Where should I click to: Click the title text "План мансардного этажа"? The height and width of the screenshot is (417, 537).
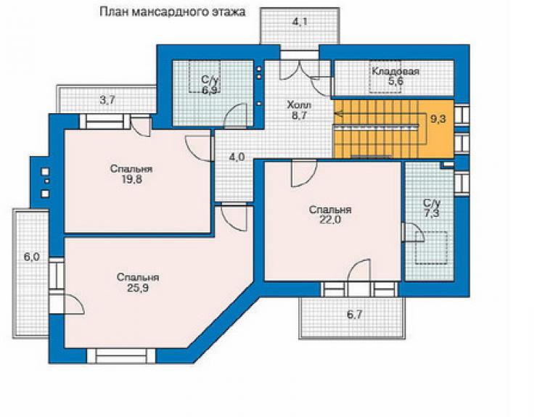(172, 12)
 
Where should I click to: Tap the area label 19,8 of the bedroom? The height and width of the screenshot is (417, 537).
(131, 179)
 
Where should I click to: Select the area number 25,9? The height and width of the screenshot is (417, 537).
(138, 288)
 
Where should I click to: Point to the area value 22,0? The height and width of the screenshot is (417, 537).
(330, 220)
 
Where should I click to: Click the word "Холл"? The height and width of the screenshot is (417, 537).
(299, 104)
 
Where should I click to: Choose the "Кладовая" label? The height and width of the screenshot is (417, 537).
(395, 72)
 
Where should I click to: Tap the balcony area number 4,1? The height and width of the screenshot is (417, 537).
(300, 22)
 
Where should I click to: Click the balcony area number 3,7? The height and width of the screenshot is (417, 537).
(107, 100)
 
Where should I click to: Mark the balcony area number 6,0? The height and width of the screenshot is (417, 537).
(31, 257)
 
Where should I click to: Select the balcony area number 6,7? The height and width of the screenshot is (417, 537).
(354, 314)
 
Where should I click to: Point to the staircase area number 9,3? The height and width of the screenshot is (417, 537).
(438, 120)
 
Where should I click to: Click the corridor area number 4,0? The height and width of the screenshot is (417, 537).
(237, 157)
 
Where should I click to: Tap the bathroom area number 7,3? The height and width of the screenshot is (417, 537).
(432, 213)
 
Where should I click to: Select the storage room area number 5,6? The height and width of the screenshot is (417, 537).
(395, 81)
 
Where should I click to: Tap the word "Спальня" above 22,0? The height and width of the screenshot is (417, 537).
(330, 210)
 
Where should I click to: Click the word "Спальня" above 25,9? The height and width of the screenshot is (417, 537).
(138, 277)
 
